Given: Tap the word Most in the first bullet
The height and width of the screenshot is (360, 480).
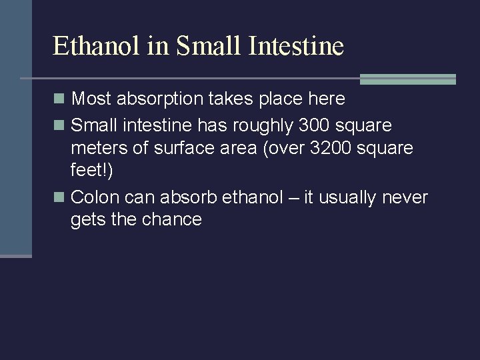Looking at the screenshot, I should (x=91, y=99).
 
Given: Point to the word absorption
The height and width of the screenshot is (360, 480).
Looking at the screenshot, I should (x=163, y=99).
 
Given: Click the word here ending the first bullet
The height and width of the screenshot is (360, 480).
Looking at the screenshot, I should (x=325, y=99).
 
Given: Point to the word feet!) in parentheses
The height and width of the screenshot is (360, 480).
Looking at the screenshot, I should (x=92, y=171).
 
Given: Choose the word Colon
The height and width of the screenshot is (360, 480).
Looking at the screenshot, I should (x=92, y=197).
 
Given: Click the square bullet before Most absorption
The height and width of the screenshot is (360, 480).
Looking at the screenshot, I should (x=59, y=99).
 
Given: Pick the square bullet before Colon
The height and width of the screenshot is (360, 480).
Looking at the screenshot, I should (x=59, y=198).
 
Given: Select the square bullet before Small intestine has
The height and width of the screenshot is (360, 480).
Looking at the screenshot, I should (x=59, y=125).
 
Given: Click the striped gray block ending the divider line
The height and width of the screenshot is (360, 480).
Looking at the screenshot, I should (x=407, y=79).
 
